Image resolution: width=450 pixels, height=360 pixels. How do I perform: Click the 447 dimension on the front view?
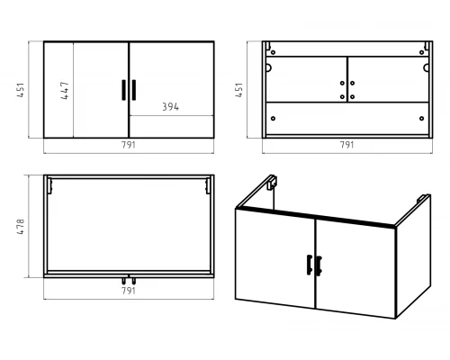tap(65, 90)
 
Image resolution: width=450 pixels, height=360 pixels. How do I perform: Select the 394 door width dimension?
tap(170, 107)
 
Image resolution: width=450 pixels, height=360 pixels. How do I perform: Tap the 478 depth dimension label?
tap(21, 227)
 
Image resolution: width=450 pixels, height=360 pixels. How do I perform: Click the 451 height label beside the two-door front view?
tap(21, 90)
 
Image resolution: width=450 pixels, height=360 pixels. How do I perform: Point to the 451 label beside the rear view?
tap(239, 90)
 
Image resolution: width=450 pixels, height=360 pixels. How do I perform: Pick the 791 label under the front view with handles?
tap(129, 145)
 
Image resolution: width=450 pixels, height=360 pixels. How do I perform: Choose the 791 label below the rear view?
tap(347, 145)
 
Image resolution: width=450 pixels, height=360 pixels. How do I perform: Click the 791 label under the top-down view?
tap(129, 291)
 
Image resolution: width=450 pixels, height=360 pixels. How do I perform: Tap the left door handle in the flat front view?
tap(123, 90)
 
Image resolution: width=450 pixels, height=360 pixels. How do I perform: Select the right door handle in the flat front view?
tap(134, 90)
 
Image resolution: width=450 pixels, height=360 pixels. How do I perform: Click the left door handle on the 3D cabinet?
tap(310, 265)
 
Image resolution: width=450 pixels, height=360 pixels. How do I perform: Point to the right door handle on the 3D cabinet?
tap(319, 265)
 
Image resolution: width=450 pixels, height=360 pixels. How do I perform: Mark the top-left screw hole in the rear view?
tap(273, 52)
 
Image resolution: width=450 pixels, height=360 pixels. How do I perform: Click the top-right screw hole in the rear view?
tap(422, 52)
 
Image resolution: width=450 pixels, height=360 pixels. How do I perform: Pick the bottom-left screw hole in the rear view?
tap(273, 119)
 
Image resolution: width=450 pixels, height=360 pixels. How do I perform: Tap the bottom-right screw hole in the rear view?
tap(422, 119)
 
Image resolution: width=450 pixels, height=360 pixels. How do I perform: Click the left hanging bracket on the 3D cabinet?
tap(272, 182)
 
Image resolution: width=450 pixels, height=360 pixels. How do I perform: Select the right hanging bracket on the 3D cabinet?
tap(423, 199)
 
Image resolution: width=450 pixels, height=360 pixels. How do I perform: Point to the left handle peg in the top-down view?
tap(123, 281)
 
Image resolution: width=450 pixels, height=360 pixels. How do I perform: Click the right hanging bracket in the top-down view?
tap(208, 186)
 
